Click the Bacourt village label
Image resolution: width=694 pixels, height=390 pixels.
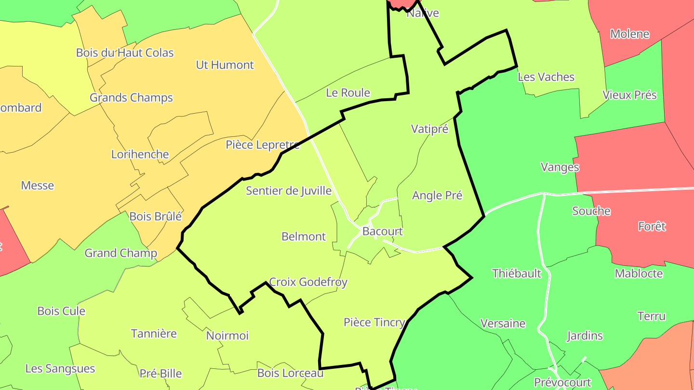pos(382,232)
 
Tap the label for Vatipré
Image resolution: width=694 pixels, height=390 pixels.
pos(429,129)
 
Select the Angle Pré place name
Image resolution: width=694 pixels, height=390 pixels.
pos(437,195)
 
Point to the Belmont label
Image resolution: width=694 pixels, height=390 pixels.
pos(304,236)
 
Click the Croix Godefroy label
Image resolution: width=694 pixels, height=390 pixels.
pos(308,282)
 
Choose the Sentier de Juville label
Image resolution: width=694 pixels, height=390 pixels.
pos(289,191)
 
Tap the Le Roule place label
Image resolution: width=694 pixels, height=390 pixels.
pos(348,93)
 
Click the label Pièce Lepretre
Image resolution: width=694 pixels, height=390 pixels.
pos(263,145)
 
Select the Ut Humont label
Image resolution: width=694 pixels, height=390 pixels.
pos(225,65)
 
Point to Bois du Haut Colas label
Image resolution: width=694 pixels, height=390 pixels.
pos(125,52)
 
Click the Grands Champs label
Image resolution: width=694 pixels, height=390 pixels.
pos(131,98)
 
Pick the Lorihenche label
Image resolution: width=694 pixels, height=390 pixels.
pos(140,155)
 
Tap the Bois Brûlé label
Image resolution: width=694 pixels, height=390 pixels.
pos(156,217)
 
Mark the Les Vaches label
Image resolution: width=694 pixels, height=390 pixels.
pos(546,77)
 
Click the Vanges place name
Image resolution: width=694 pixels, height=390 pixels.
pos(560,167)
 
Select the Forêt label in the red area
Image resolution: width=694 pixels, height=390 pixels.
pos(652,226)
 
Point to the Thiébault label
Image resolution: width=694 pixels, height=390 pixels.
pos(517,273)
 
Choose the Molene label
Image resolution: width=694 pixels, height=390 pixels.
pos(629,34)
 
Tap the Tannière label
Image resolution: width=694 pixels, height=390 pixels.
pos(154,333)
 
